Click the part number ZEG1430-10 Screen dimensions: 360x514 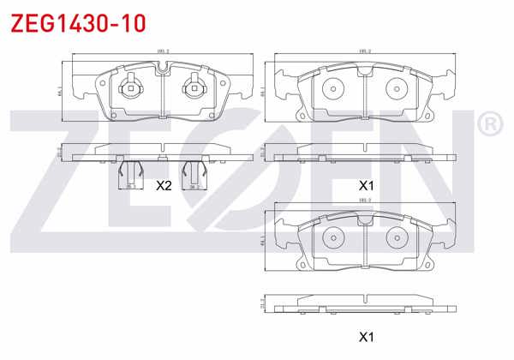(x=68, y=21)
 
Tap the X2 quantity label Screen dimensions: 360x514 (x=163, y=184)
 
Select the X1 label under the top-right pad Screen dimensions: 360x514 (x=367, y=184)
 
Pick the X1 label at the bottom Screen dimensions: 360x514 (x=367, y=337)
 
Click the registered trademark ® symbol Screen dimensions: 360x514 (x=489, y=126)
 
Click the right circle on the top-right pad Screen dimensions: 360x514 (x=397, y=88)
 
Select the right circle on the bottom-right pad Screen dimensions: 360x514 (x=397, y=239)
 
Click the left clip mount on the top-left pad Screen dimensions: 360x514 (x=130, y=87)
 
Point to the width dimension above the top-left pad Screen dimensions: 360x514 (x=162, y=51)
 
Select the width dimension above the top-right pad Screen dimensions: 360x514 (x=365, y=51)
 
